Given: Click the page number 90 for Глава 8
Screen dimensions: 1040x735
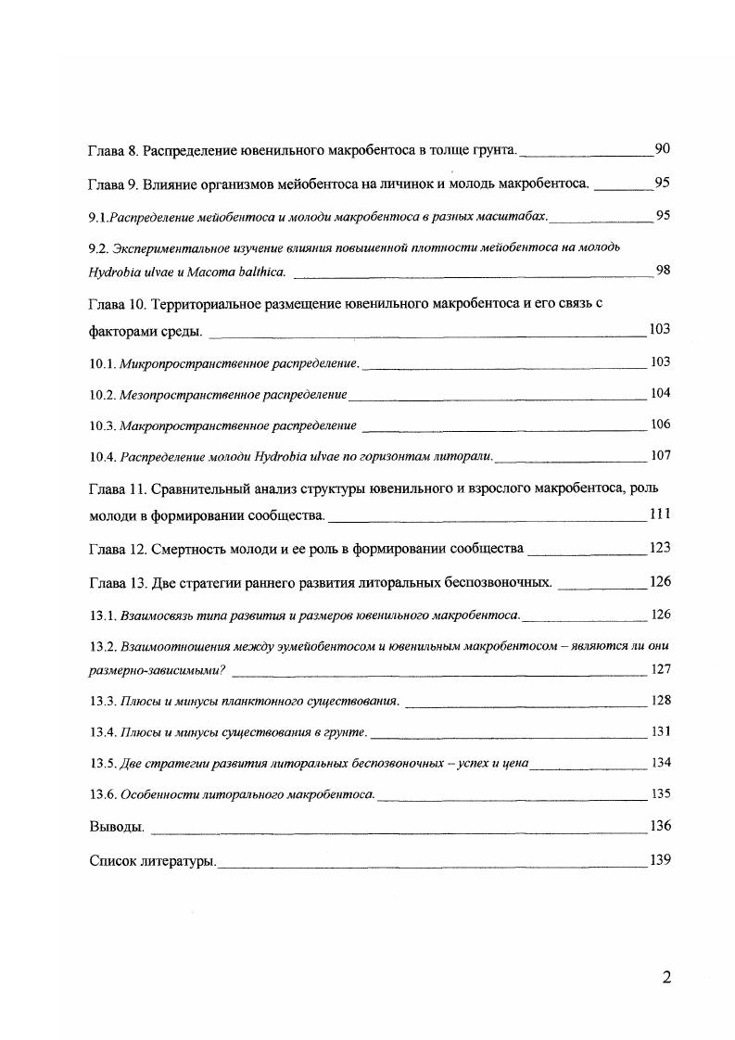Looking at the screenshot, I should (x=662, y=148).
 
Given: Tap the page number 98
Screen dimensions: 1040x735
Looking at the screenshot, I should (x=663, y=270).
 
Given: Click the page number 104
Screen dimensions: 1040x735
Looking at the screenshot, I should (x=660, y=393).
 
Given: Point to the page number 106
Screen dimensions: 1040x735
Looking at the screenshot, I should (x=660, y=425).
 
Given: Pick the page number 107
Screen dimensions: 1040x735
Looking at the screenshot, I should (x=660, y=455).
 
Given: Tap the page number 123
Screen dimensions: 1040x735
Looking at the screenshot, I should (x=660, y=548).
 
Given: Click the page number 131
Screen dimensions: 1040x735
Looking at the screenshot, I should (x=660, y=731).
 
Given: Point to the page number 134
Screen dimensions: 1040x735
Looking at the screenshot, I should (x=660, y=762).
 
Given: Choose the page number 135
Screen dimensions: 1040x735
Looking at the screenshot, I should (x=660, y=793).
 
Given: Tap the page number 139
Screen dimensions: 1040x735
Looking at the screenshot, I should (x=660, y=859).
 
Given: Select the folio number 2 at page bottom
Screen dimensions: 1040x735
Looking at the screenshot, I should (x=665, y=977).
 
